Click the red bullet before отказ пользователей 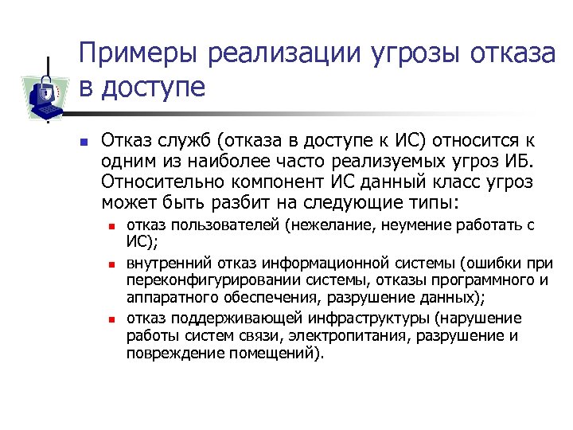[112, 226]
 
